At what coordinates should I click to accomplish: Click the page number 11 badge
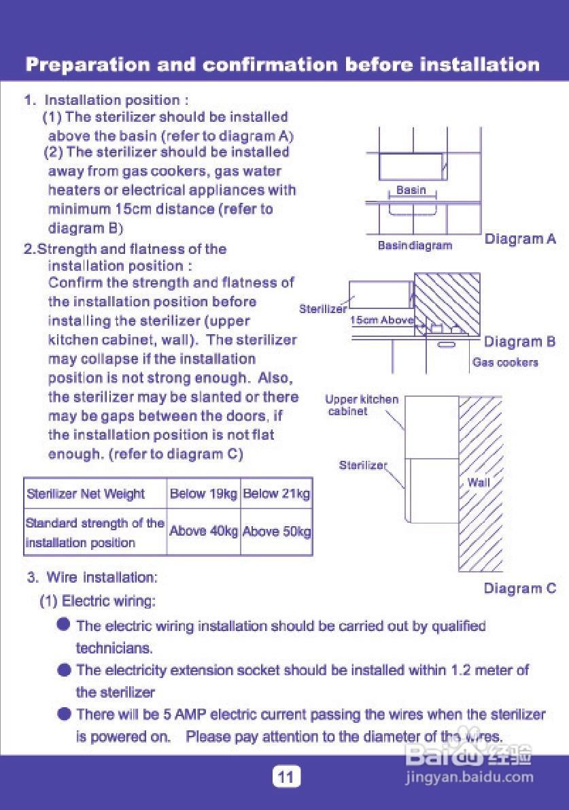pyautogui.click(x=286, y=777)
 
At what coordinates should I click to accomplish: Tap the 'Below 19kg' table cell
pyautogui.click(x=203, y=494)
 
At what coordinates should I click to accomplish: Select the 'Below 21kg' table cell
pyautogui.click(x=276, y=494)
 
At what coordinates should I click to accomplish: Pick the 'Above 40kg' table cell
pyautogui.click(x=203, y=532)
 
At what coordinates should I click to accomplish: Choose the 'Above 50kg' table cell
pyautogui.click(x=276, y=532)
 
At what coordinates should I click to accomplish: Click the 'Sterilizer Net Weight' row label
pyautogui.click(x=86, y=494)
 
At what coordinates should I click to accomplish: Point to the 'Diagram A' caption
pyautogui.click(x=519, y=239)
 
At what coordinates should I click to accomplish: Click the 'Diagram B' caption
pyautogui.click(x=519, y=342)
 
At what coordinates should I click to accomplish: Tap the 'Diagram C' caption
pyautogui.click(x=519, y=589)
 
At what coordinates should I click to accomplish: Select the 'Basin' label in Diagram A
pyautogui.click(x=411, y=191)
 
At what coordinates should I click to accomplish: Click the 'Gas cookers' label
pyautogui.click(x=505, y=363)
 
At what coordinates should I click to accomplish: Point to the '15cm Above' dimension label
pyautogui.click(x=382, y=320)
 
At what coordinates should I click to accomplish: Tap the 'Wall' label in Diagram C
pyautogui.click(x=478, y=483)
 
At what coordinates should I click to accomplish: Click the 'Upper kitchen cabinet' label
pyautogui.click(x=361, y=405)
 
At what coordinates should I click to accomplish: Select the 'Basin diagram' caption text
pyautogui.click(x=415, y=245)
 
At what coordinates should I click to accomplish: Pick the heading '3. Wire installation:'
pyautogui.click(x=92, y=577)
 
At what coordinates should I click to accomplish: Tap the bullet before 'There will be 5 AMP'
pyautogui.click(x=64, y=714)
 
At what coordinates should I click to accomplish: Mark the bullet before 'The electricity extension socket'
pyautogui.click(x=64, y=670)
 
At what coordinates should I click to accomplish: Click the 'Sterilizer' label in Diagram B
pyautogui.click(x=322, y=309)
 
